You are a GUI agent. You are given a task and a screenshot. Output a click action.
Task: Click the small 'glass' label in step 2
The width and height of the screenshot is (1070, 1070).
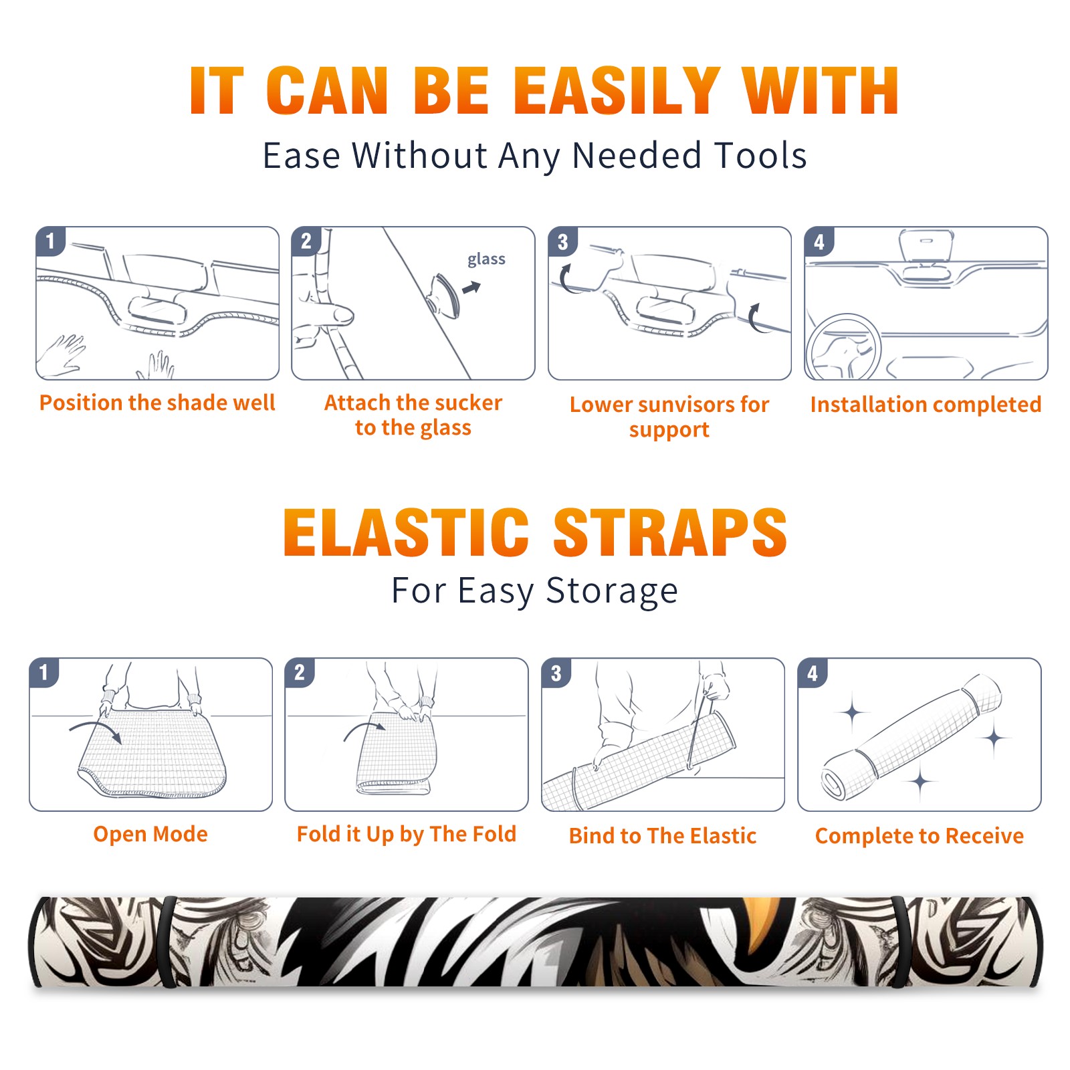tap(486, 259)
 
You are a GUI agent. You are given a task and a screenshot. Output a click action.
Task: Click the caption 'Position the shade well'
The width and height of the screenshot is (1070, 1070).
tap(157, 403)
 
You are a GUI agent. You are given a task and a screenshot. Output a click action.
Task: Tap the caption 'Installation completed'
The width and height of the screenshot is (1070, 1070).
tap(926, 405)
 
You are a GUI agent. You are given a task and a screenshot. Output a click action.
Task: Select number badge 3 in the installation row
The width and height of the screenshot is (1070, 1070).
tap(562, 241)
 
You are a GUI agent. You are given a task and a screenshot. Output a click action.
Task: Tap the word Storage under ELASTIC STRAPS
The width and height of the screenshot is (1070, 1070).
tap(612, 591)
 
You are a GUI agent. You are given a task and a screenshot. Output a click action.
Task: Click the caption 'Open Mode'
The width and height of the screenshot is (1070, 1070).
tap(150, 834)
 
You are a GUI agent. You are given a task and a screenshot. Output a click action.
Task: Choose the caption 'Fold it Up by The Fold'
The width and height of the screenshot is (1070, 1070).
tap(407, 834)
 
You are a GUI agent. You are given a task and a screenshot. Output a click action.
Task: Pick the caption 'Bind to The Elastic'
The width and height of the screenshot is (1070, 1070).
tap(662, 836)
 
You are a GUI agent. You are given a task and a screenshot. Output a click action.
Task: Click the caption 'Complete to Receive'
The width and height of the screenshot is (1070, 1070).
tap(919, 836)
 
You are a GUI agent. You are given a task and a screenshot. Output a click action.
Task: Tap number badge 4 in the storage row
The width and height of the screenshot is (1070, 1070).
tap(813, 673)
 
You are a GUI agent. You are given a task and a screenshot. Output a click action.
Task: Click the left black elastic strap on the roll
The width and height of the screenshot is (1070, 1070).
tap(169, 942)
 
